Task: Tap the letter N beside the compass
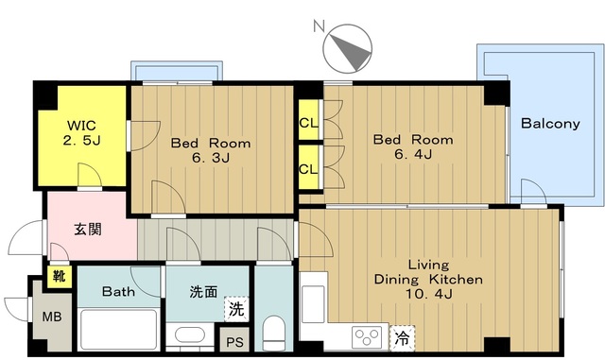319,26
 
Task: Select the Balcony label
550,124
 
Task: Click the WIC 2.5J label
82,133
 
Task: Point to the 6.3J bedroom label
211,150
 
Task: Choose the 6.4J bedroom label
413,146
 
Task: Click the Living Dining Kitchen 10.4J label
428,280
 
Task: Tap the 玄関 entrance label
88,230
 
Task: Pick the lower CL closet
309,167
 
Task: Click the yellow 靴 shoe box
59,277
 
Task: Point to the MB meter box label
52,317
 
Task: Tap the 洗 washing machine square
236,309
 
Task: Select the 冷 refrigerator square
403,339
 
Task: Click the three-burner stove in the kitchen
367,337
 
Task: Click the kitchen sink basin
313,304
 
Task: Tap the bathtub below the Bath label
119,329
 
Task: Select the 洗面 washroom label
203,292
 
